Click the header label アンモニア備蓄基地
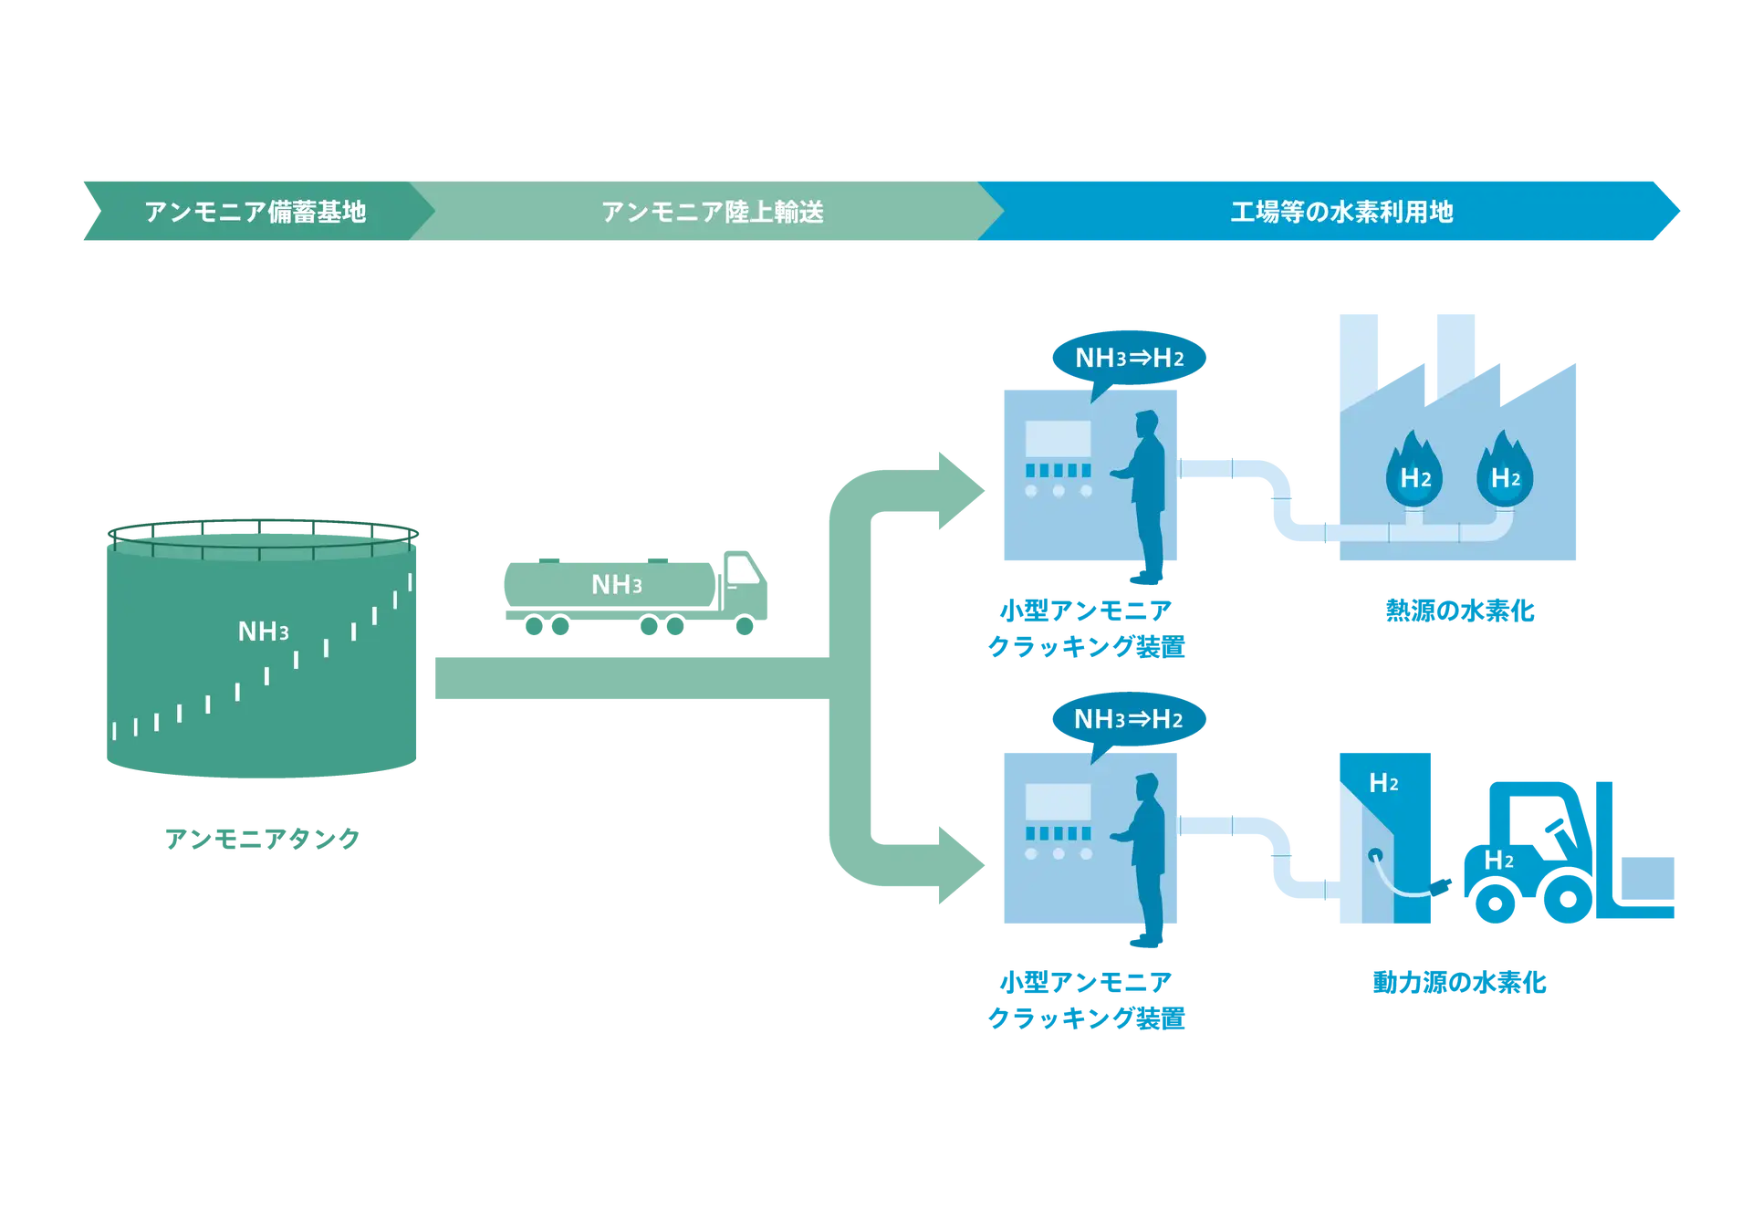click(255, 212)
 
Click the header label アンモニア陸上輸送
click(712, 212)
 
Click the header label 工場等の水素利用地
click(1341, 212)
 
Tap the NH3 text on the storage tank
click(263, 632)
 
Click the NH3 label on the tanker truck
click(617, 585)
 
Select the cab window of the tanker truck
click(742, 571)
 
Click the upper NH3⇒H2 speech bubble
click(1129, 358)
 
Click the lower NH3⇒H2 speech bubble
click(1129, 719)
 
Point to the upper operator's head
click(1146, 425)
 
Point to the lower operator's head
click(1146, 788)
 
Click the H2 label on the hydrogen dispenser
click(1383, 783)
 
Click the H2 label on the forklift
click(1498, 860)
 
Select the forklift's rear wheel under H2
click(1494, 902)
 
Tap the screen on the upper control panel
click(1058, 439)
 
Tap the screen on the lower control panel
click(1058, 801)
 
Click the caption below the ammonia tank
click(263, 838)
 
